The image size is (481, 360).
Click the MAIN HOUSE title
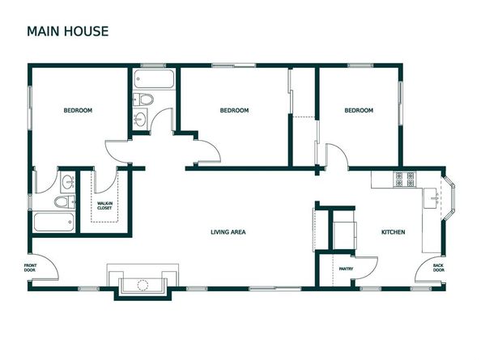pos(67,32)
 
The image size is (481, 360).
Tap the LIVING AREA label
pos(228,233)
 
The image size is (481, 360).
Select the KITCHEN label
pos(393,233)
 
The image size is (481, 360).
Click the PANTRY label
pos(346,269)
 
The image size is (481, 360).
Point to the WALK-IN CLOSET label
pos(105,206)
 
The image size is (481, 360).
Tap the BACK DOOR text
pos(438,268)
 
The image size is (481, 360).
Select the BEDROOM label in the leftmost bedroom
pos(78,111)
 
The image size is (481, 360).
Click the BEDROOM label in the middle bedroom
pos(234,111)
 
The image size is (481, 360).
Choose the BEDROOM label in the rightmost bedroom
pos(358,111)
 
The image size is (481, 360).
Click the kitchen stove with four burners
pos(403,179)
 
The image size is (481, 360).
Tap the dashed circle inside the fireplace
pos(143,284)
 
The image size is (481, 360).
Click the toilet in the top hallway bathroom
pos(143,100)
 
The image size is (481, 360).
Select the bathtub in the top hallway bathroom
pos(153,80)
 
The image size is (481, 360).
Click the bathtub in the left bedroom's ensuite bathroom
pos(54,222)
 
